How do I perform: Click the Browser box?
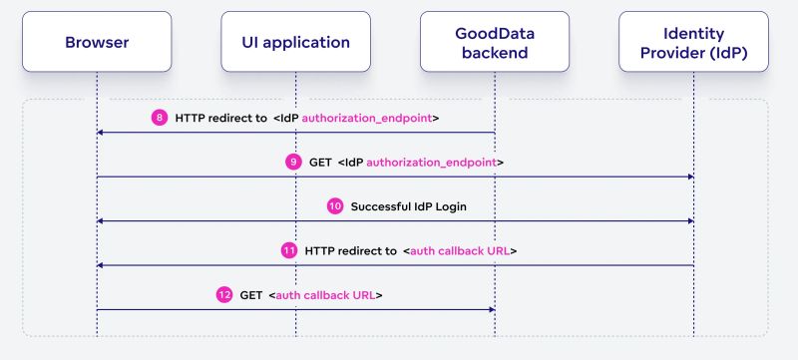tap(97, 42)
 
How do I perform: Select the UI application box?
tap(296, 42)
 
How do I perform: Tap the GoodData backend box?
tap(495, 42)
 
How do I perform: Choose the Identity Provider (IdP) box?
tap(693, 42)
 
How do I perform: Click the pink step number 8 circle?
tap(160, 118)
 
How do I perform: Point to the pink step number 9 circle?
tap(292, 162)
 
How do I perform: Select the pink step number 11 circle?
tap(288, 250)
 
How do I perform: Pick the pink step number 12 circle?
tap(223, 295)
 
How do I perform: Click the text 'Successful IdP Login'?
tap(408, 206)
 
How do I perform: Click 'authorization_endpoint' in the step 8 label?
tap(368, 118)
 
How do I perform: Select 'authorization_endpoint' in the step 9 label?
tap(432, 162)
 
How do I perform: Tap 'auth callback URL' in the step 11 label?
tap(462, 250)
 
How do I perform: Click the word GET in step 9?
tap(321, 162)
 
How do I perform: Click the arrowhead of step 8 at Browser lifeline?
tap(101, 132)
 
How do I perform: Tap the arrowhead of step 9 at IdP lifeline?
tap(689, 177)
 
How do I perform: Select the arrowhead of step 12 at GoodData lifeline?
tap(491, 309)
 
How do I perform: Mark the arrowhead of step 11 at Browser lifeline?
tap(101, 265)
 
